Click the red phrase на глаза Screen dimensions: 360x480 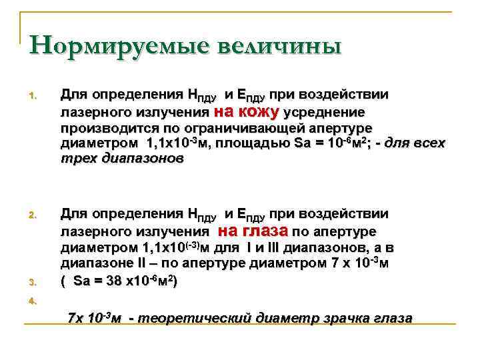[253, 231]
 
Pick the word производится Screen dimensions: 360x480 [103, 127]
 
